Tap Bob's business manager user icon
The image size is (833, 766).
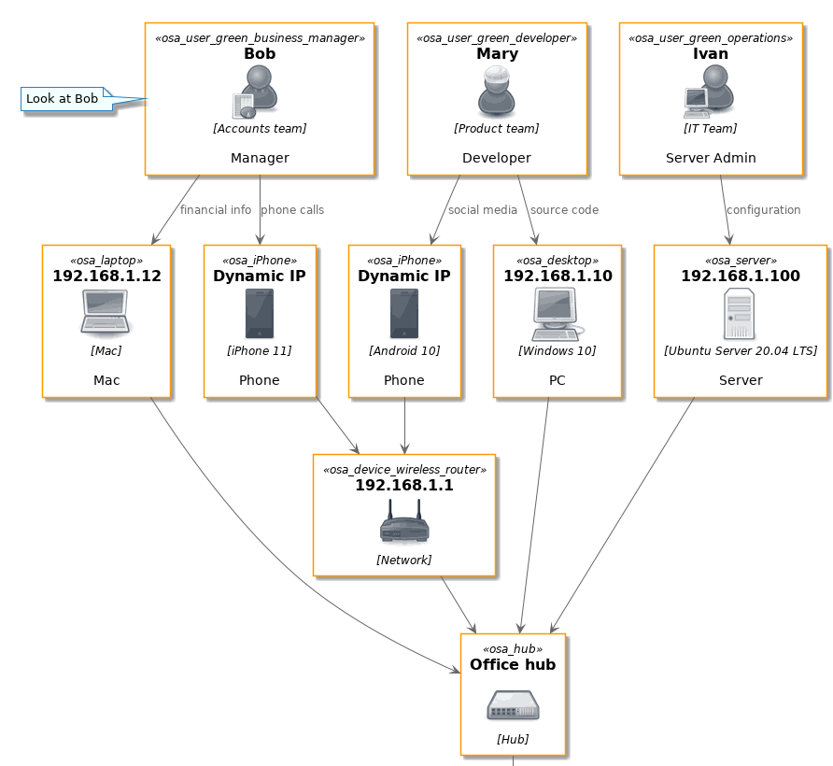(x=256, y=92)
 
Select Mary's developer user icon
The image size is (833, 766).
(x=497, y=92)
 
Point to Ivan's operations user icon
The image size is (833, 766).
(x=709, y=92)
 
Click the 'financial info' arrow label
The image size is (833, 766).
(x=216, y=210)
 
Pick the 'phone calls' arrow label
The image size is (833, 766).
(x=292, y=210)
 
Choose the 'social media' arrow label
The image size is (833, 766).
(x=483, y=210)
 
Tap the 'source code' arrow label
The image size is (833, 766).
(x=564, y=210)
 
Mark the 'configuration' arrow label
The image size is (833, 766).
(x=763, y=210)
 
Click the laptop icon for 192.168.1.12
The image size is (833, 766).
(x=106, y=313)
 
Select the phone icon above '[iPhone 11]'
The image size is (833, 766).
(x=260, y=314)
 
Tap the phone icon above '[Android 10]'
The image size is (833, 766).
(x=404, y=314)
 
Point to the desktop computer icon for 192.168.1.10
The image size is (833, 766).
(x=557, y=314)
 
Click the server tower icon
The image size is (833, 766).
(x=739, y=314)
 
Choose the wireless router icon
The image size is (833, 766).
(x=404, y=521)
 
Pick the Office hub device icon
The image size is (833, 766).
(x=514, y=705)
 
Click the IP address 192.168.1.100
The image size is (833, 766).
(x=741, y=276)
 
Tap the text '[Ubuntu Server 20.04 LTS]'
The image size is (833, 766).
(x=741, y=351)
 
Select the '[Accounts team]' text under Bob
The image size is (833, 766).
(x=260, y=129)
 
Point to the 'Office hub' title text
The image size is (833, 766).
(x=513, y=664)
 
